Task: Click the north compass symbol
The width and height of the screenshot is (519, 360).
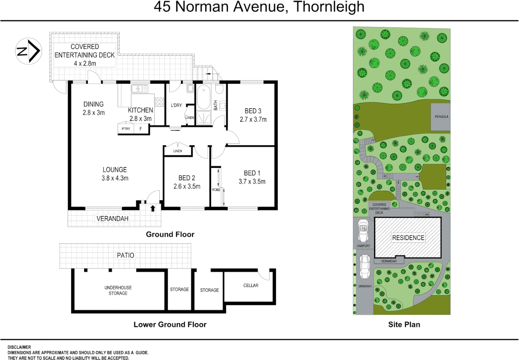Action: [29, 51]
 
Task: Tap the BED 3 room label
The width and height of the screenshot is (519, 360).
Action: [253, 111]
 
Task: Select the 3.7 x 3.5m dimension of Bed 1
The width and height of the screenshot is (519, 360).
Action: [252, 182]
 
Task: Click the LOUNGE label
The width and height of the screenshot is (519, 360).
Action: [115, 170]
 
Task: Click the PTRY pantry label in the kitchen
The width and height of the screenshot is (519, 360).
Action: [126, 129]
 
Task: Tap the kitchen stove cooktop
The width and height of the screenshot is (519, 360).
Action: [159, 102]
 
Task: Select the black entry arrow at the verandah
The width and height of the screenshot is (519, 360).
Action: [153, 208]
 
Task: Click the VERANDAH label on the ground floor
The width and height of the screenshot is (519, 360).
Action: [112, 219]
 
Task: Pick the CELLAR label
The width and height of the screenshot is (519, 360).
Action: [251, 285]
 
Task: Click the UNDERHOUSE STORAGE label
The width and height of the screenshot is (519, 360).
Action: [118, 290]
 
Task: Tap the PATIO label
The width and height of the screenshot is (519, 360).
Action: [125, 255]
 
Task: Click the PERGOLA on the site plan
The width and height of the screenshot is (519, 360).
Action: [441, 117]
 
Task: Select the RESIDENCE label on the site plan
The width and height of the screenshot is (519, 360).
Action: [408, 238]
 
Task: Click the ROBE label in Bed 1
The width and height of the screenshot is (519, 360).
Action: [216, 190]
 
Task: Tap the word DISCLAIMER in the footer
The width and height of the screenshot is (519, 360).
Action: [19, 347]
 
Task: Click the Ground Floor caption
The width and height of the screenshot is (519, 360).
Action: [170, 234]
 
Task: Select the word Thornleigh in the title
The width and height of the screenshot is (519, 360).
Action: [329, 7]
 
